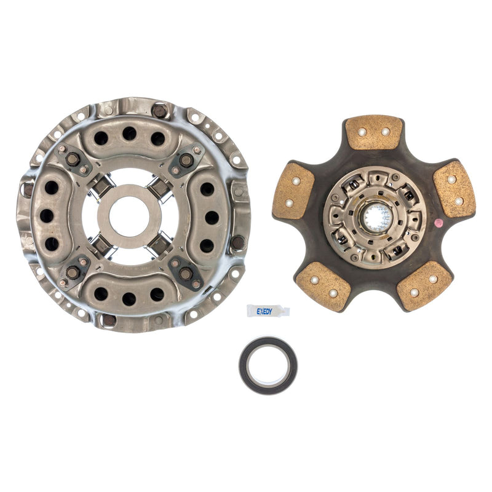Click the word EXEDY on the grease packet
tap(264, 312)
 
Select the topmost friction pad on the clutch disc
tap(373, 132)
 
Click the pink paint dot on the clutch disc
tap(438, 223)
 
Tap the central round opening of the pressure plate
tap(129, 216)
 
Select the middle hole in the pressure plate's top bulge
tap(129, 133)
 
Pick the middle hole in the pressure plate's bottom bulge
tap(129, 299)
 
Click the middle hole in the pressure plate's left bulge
tap(47, 216)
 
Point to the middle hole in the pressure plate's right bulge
tap(212, 216)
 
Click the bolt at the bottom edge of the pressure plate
tap(108, 320)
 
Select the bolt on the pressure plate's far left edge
tap(26, 189)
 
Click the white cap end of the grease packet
tap(284, 311)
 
